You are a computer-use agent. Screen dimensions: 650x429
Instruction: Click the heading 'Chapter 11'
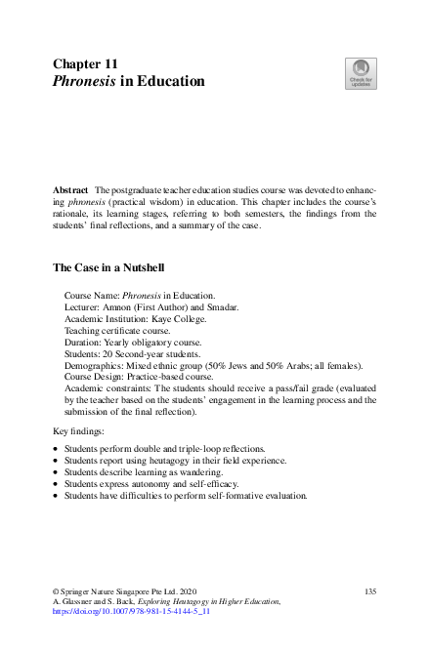pos(85,63)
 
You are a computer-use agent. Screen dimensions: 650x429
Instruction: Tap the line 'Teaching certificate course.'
pos(117,331)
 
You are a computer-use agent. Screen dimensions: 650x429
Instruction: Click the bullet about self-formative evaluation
pos(186,496)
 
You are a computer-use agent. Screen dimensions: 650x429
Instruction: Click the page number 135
pos(369,592)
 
